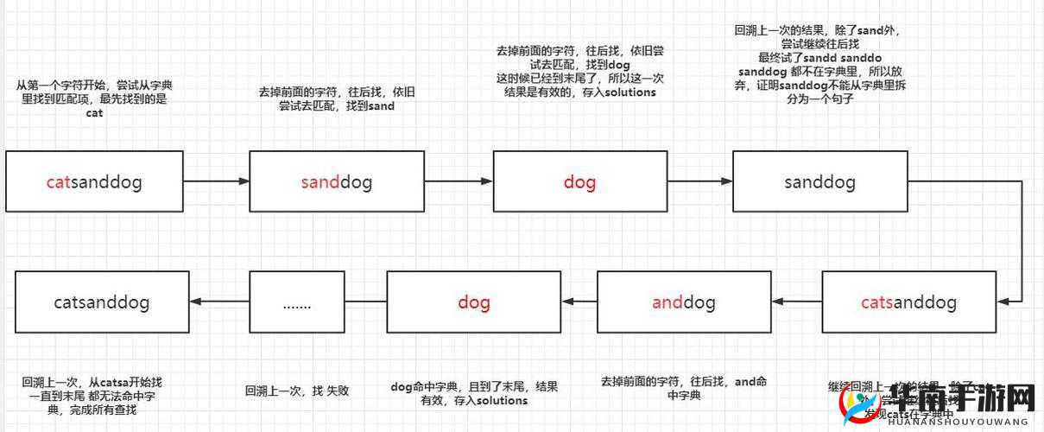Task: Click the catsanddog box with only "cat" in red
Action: tap(94, 181)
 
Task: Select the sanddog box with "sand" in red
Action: tap(336, 181)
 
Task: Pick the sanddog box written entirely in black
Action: tap(819, 181)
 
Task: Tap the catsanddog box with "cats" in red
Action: tap(908, 302)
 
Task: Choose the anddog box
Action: tap(683, 302)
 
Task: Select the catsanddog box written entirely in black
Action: tap(102, 302)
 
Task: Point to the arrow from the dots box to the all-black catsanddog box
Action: tap(219, 302)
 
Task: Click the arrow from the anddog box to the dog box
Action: tap(579, 302)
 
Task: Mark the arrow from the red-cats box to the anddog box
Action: tap(796, 302)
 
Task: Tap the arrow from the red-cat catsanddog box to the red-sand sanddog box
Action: tap(216, 181)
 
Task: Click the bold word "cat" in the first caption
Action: tap(94, 112)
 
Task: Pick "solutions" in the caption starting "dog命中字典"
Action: tap(502, 400)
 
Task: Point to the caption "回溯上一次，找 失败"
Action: tap(296, 391)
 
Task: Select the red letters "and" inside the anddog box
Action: tap(668, 302)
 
